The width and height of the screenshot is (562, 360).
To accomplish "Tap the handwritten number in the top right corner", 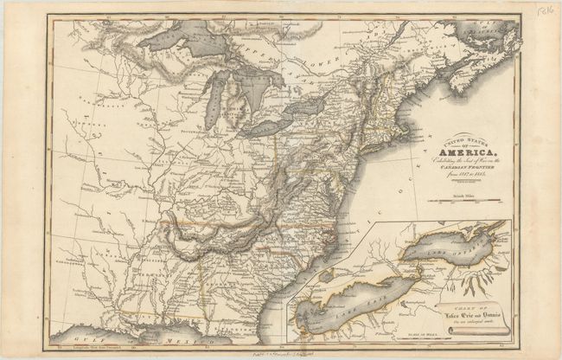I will click(x=543, y=12).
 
